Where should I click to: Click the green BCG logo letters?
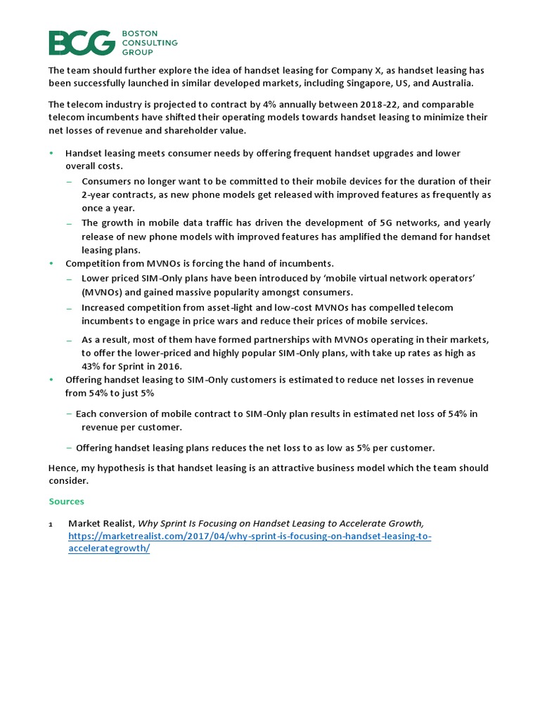pos(81,43)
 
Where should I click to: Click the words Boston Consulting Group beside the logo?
pos(151,43)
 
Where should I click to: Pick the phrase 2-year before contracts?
pos(100,194)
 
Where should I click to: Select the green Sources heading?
pos(66,501)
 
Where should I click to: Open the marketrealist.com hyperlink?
pos(250,536)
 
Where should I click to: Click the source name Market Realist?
pos(101,523)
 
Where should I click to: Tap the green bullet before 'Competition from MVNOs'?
pos(51,263)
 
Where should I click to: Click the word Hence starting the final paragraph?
pos(61,468)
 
